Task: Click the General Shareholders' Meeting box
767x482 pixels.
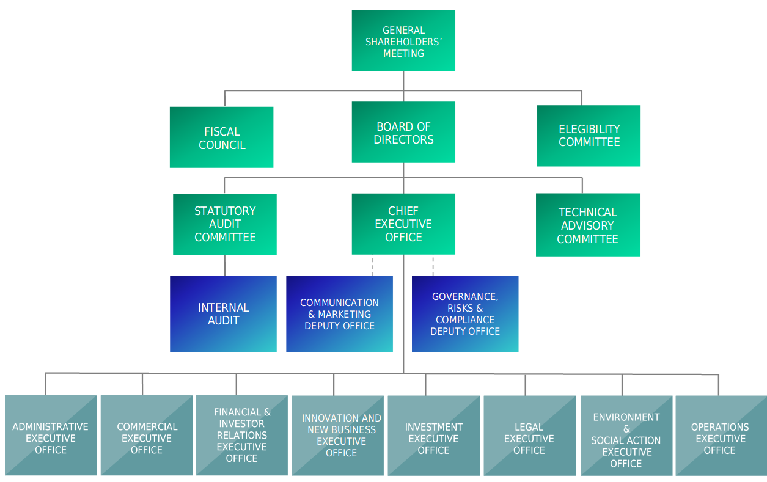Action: click(x=403, y=40)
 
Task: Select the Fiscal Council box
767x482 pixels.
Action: click(x=222, y=137)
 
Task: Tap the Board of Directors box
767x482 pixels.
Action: click(x=403, y=133)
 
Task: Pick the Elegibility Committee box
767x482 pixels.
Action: click(x=589, y=136)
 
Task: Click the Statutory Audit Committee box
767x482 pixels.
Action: click(x=225, y=224)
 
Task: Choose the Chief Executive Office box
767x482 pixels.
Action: click(x=403, y=224)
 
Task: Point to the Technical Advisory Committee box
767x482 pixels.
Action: click(x=588, y=225)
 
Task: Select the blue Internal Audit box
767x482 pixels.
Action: click(x=224, y=314)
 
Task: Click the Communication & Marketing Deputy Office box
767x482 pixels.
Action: click(x=340, y=314)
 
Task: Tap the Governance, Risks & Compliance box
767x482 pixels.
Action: click(x=465, y=314)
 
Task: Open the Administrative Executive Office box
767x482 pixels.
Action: click(x=51, y=436)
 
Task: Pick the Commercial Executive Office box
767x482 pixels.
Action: click(x=147, y=436)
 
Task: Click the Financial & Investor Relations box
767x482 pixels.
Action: click(x=242, y=436)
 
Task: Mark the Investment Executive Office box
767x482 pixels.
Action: click(x=433, y=436)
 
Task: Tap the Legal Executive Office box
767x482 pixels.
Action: click(x=529, y=436)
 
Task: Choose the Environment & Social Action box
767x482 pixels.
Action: click(x=626, y=436)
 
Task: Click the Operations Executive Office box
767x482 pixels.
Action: click(x=720, y=436)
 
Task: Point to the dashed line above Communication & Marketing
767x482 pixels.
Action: click(x=373, y=266)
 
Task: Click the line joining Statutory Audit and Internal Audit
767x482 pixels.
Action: click(x=225, y=266)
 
